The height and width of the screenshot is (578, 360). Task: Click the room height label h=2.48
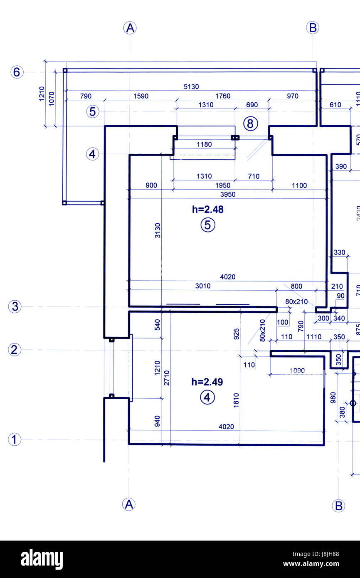click(x=207, y=210)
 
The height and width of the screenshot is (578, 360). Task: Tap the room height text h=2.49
click(x=207, y=382)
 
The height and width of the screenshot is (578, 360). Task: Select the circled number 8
click(x=250, y=124)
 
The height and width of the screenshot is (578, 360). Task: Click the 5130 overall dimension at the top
click(x=191, y=87)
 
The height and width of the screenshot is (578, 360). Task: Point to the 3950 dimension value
click(x=227, y=194)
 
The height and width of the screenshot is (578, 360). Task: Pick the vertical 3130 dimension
click(x=158, y=230)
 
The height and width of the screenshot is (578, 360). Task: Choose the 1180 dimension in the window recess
click(x=204, y=144)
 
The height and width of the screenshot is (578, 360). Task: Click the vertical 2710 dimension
click(x=167, y=378)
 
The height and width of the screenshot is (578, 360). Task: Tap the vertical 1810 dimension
click(x=236, y=400)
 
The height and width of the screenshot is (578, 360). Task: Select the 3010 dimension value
click(x=203, y=286)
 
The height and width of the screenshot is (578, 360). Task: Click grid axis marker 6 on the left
click(x=17, y=72)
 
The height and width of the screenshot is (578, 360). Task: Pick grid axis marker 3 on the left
click(x=15, y=307)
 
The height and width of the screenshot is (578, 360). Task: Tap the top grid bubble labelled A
click(x=130, y=28)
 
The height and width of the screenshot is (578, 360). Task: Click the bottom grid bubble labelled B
click(x=338, y=506)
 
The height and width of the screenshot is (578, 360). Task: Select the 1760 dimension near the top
click(x=223, y=96)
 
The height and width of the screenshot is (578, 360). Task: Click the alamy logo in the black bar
click(x=42, y=559)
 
